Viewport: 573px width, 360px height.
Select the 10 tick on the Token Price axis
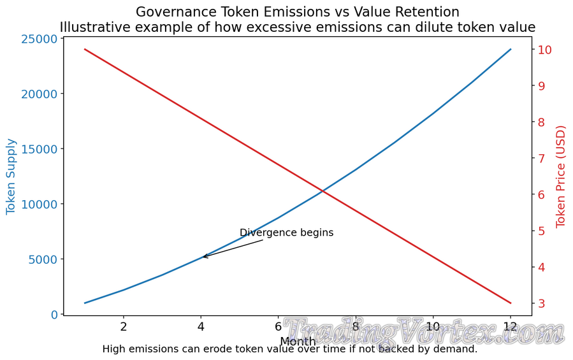545,50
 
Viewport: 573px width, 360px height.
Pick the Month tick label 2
124,327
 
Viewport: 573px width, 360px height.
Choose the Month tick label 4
201,327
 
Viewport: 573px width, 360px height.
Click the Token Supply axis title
11,176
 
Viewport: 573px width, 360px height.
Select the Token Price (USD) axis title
561,176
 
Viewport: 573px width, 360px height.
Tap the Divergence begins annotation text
286,233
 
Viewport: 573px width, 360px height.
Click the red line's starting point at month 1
85,49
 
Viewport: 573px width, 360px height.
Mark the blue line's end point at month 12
511,49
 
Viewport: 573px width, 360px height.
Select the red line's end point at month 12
511,303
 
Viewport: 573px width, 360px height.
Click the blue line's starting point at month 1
85,303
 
